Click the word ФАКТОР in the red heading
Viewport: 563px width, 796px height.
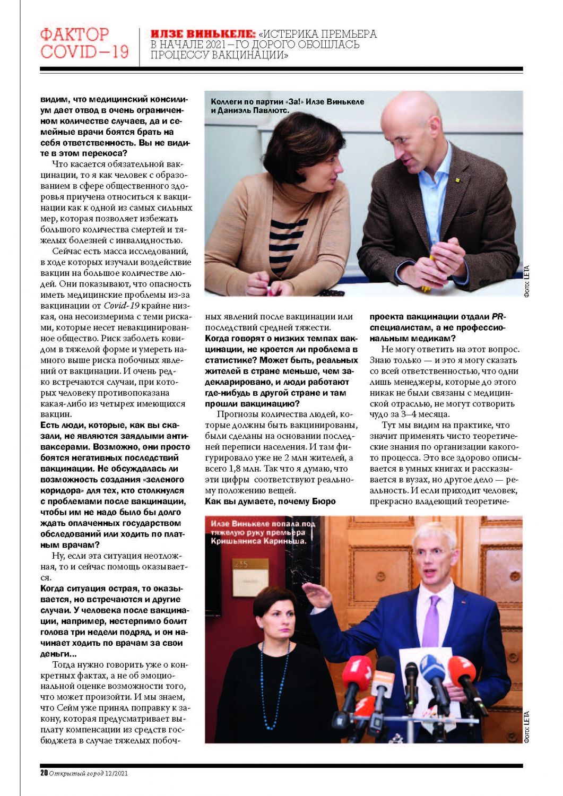(74, 35)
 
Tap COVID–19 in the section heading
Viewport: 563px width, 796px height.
(84, 52)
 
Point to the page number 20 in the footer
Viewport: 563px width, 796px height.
(44, 773)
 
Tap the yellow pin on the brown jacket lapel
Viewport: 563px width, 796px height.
(456, 179)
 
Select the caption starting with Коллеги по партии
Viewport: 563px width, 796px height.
(287, 106)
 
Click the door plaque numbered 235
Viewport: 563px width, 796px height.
(241, 564)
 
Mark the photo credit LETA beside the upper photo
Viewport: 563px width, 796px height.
(526, 281)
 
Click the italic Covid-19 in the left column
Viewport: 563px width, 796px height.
(122, 306)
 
